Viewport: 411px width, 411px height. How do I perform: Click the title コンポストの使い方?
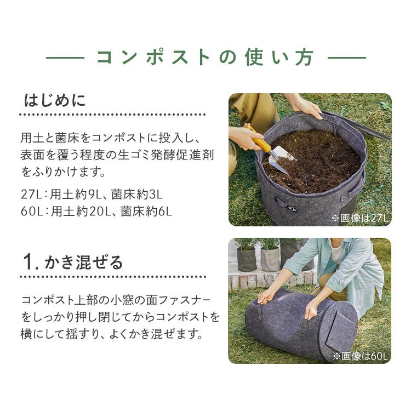[206, 57]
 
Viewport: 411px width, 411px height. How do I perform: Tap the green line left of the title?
[64, 57]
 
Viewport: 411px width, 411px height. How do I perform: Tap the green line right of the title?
[346, 57]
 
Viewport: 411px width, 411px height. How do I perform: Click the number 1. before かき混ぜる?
[31, 262]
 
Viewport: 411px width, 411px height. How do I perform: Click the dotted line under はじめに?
[112, 115]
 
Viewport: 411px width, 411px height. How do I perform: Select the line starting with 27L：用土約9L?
[92, 193]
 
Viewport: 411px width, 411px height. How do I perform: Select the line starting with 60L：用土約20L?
[96, 210]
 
